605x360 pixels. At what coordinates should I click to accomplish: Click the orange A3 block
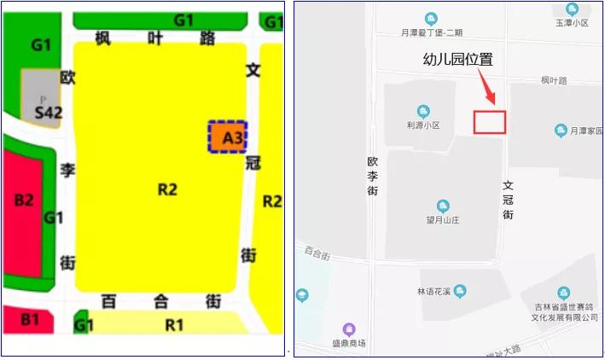point(228,136)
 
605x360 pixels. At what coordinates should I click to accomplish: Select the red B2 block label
point(24,200)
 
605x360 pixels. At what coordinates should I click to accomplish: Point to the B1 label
point(30,320)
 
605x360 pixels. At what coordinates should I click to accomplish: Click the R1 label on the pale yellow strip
point(174,324)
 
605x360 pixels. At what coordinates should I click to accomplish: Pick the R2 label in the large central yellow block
point(167,189)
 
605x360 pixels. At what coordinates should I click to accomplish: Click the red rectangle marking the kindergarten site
point(490,122)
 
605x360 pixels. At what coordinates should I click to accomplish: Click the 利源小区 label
point(422,125)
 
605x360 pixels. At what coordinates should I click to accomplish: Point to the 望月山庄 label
point(442,219)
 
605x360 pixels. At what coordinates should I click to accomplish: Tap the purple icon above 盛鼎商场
point(348,329)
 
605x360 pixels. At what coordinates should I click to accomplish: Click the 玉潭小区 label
point(572,23)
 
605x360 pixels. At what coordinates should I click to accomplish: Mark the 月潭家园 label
point(579,131)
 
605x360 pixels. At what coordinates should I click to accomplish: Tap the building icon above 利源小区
point(422,111)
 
